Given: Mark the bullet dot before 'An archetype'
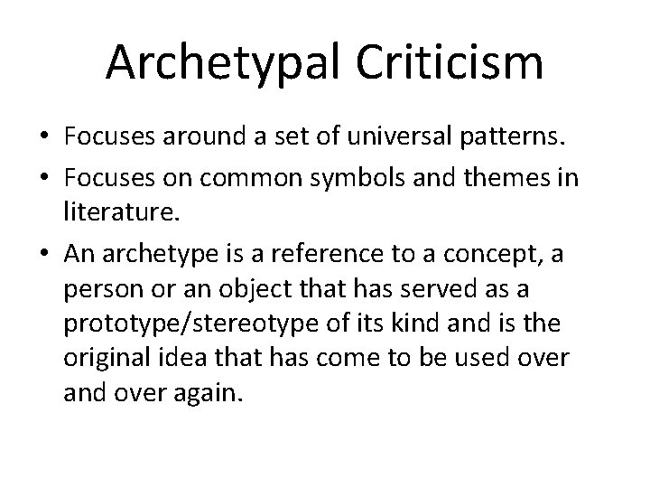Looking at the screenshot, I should point(44,256).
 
